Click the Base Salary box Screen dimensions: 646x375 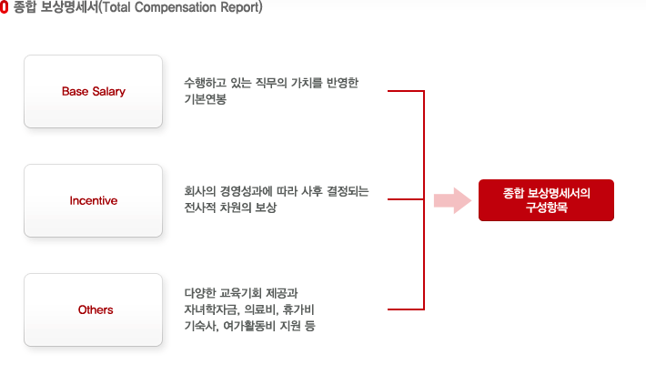click(x=93, y=92)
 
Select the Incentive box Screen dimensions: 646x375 click(x=93, y=200)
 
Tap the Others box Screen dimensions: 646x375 click(x=93, y=309)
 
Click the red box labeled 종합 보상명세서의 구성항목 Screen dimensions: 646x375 click(x=546, y=200)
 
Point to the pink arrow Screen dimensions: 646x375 click(x=452, y=200)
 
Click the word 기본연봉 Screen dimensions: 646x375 click(x=205, y=99)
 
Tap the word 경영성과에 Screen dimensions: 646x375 click(x=246, y=191)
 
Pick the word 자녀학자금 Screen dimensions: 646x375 click(x=212, y=309)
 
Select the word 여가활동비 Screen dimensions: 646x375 click(x=249, y=326)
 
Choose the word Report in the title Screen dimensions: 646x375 click(x=241, y=7)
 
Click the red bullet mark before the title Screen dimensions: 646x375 click(x=5, y=7)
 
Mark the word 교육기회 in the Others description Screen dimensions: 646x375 click(x=240, y=293)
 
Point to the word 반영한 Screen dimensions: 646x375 click(x=342, y=83)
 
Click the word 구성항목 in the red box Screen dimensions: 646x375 click(x=546, y=208)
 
